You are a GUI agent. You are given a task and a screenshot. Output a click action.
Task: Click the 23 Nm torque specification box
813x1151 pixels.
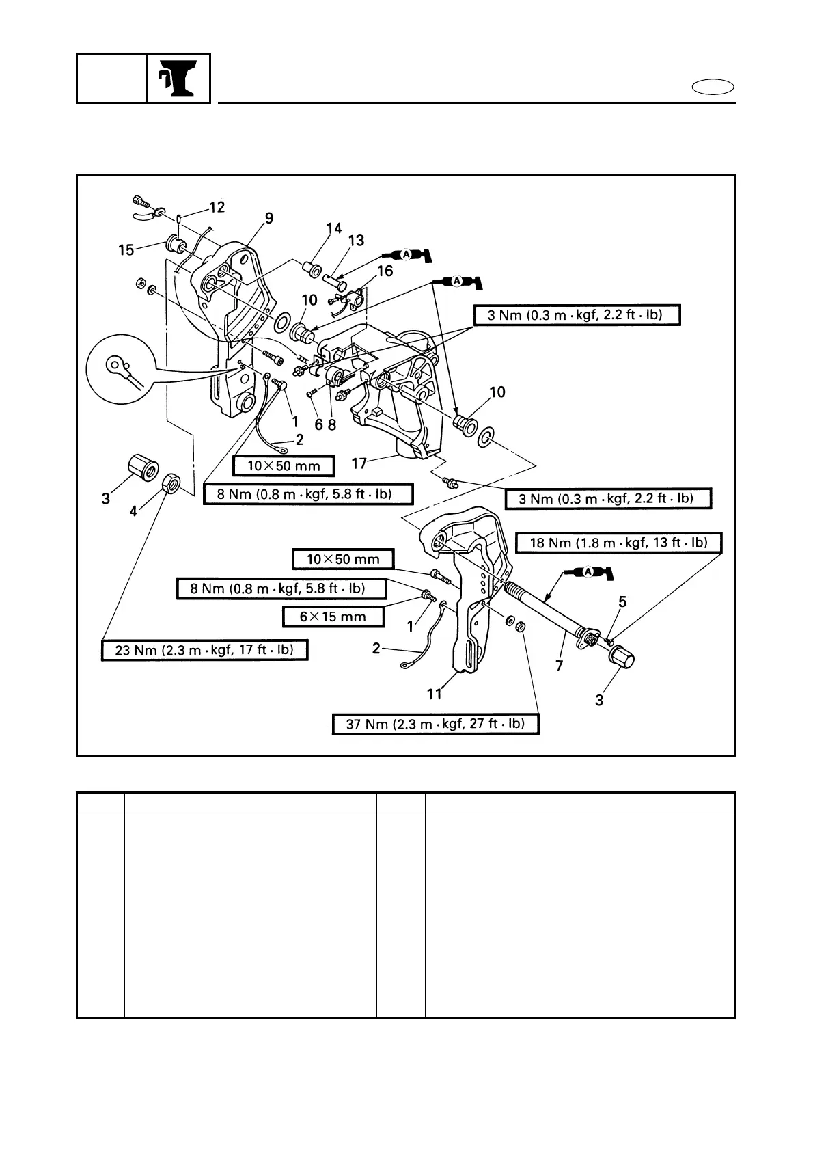204,649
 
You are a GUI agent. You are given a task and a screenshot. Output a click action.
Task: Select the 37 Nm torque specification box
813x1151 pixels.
435,724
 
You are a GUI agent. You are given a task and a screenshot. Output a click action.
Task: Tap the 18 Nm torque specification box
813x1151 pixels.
618,543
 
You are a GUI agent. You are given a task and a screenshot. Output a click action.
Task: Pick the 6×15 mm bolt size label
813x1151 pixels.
333,617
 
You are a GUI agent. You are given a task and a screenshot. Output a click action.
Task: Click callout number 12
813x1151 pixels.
217,207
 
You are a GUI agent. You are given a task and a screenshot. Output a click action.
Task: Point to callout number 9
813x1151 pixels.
269,218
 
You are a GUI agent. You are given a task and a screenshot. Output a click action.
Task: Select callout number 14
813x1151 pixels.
334,229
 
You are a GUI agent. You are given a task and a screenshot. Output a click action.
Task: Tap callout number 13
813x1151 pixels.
356,241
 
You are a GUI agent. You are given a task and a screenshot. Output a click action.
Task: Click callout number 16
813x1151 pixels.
385,271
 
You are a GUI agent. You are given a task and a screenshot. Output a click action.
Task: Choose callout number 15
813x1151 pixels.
126,250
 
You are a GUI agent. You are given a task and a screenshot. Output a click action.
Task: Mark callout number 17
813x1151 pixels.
360,463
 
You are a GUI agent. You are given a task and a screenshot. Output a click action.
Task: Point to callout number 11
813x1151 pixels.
435,694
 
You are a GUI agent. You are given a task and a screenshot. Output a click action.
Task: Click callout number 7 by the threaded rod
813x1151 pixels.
560,665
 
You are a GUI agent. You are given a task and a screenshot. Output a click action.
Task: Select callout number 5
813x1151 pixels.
622,601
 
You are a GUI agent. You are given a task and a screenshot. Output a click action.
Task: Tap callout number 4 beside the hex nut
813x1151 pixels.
134,511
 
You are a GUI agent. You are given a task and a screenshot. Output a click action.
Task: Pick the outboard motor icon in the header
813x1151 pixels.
178,79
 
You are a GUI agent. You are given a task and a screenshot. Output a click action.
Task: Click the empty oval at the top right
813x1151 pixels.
713,87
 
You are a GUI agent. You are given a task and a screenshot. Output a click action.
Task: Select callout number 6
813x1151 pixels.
318,424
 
